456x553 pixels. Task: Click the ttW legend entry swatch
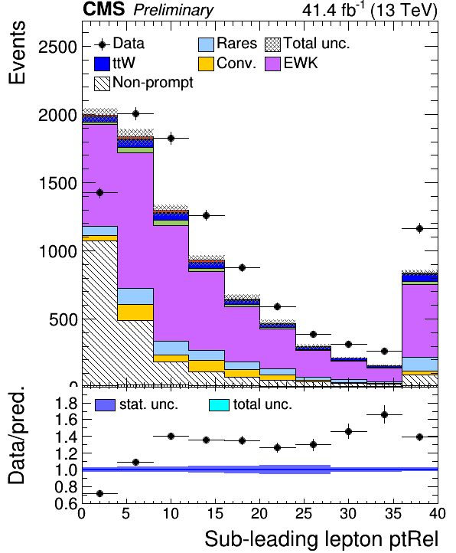[103, 64]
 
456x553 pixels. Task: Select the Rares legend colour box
[206, 44]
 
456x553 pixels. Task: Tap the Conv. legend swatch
[206, 64]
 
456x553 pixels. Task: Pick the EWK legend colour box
[272, 64]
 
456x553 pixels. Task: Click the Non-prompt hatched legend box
[103, 83]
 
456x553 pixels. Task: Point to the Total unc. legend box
[272, 44]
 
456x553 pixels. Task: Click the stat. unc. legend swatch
[105, 405]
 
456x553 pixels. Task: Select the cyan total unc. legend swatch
[219, 405]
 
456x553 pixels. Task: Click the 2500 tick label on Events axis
[57, 47]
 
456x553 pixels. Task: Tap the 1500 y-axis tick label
[57, 183]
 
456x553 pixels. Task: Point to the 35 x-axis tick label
[392, 514]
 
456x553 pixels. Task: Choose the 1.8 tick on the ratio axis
[67, 403]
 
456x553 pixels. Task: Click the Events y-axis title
[17, 52]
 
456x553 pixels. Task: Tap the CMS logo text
[104, 9]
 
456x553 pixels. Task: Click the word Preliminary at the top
[174, 10]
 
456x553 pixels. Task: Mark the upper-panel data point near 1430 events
[99, 192]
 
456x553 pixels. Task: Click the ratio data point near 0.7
[99, 493]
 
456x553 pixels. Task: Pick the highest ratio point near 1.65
[385, 415]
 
